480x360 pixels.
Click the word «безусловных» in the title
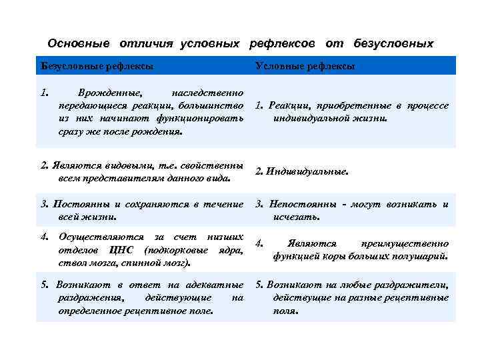click(x=393, y=43)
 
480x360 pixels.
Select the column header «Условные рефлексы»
click(x=305, y=66)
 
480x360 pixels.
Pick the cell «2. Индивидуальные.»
click(x=302, y=171)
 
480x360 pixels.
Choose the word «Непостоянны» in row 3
click(x=303, y=204)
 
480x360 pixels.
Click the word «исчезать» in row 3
click(x=297, y=217)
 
